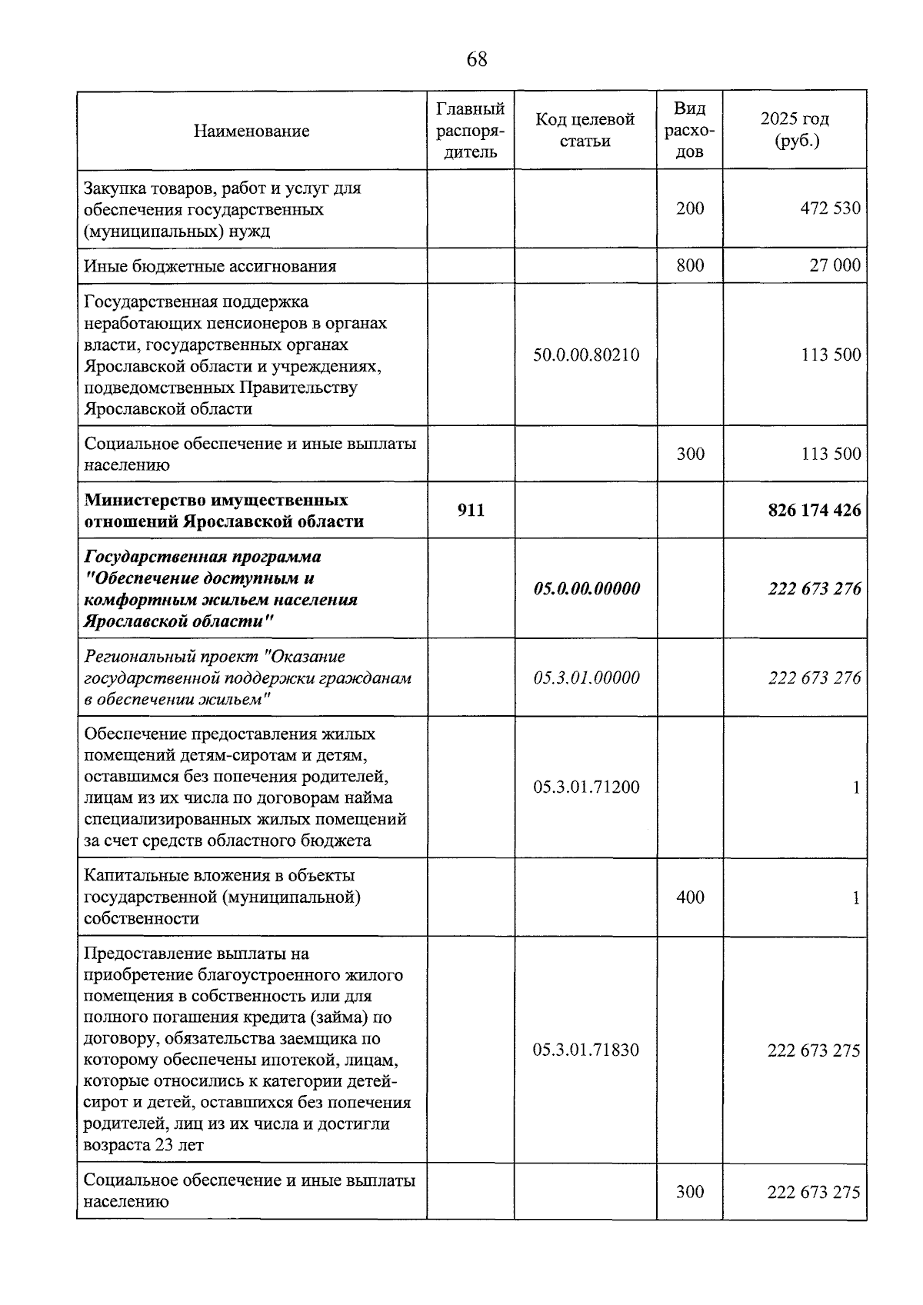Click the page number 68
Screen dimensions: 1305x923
[x=476, y=59]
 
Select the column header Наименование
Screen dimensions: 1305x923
[x=252, y=131]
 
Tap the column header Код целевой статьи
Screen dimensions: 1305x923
[x=585, y=130]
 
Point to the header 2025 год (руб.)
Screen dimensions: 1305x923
[x=795, y=130]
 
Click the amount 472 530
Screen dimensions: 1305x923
[x=830, y=208]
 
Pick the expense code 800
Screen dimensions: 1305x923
[x=689, y=265]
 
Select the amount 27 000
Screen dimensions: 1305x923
[x=835, y=265]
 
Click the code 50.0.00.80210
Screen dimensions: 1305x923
[x=585, y=355]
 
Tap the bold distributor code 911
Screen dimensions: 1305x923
[x=471, y=510]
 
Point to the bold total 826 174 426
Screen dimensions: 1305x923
[x=814, y=510]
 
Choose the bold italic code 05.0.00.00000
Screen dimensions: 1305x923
[x=585, y=588]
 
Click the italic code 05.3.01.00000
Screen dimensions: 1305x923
[x=585, y=677]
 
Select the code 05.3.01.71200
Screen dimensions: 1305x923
[x=585, y=787]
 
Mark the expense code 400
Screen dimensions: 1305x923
[x=689, y=897]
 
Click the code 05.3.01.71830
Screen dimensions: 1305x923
[x=585, y=1050]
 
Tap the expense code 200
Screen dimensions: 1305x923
[x=689, y=208]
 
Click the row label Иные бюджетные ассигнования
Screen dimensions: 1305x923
[x=210, y=266]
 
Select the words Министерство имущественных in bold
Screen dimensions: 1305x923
[x=215, y=500]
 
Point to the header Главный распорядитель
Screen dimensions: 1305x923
[x=471, y=130]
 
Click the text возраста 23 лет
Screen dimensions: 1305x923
[x=144, y=1145]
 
